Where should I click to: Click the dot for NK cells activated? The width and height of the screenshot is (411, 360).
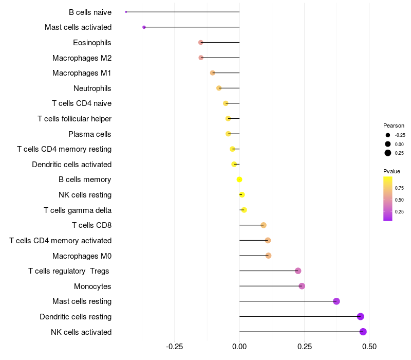point(363,332)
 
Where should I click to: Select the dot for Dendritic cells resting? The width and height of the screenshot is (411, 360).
point(361,316)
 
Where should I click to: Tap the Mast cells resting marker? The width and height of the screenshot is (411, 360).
point(337,301)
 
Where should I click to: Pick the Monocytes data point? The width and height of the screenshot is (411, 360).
point(302,286)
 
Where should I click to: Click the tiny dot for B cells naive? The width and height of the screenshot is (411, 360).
point(126,12)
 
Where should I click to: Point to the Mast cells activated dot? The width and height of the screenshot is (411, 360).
point(144,27)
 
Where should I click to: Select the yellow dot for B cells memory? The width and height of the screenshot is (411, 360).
point(239,179)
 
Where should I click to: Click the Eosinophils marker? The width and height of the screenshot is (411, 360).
point(201,42)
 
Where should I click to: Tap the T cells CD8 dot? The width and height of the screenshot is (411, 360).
point(264,225)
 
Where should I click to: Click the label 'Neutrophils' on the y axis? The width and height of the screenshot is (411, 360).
point(92,88)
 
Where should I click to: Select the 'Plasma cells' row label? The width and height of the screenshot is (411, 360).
point(90,134)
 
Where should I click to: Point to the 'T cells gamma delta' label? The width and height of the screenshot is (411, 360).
point(78,210)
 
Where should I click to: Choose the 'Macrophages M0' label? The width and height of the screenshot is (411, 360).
point(82,256)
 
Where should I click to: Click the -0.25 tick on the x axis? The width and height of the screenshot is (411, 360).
point(175,346)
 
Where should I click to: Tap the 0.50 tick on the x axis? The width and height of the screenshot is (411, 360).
point(369,346)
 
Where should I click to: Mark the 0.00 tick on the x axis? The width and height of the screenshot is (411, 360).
point(239,346)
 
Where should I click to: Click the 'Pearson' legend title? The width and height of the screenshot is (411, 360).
point(394,125)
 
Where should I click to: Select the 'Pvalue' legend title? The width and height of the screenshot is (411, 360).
point(391,171)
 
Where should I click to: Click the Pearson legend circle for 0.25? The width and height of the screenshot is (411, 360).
point(388,153)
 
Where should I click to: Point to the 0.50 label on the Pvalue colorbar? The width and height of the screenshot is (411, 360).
point(399,200)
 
